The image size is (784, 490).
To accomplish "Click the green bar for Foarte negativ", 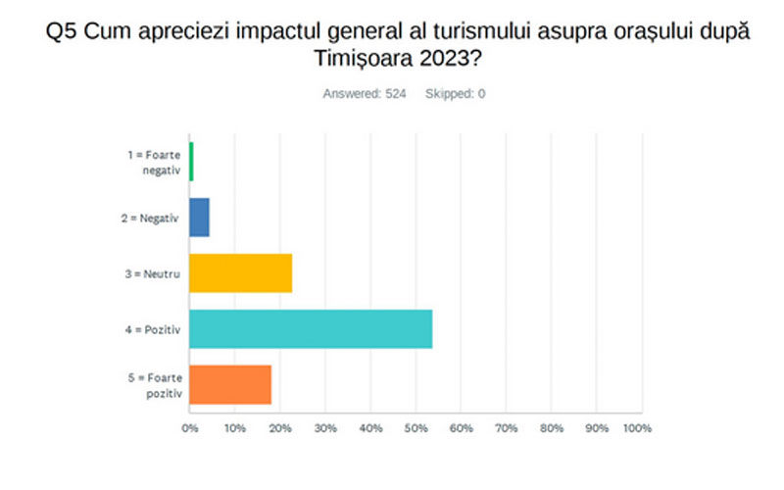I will [192, 162].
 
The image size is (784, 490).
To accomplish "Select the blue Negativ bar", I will [199, 218].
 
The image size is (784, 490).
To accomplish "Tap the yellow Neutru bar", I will [240, 273].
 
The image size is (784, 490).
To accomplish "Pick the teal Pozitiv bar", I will [311, 329].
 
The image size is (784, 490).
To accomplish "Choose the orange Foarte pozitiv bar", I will [230, 384].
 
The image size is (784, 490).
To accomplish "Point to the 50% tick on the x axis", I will [416, 428].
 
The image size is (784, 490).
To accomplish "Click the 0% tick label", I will [190, 428].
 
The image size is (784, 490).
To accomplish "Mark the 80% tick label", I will [551, 428].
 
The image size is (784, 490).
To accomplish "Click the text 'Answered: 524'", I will [364, 94].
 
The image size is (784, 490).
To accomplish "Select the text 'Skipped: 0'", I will [455, 94].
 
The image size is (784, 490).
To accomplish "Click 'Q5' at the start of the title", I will [59, 33].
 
